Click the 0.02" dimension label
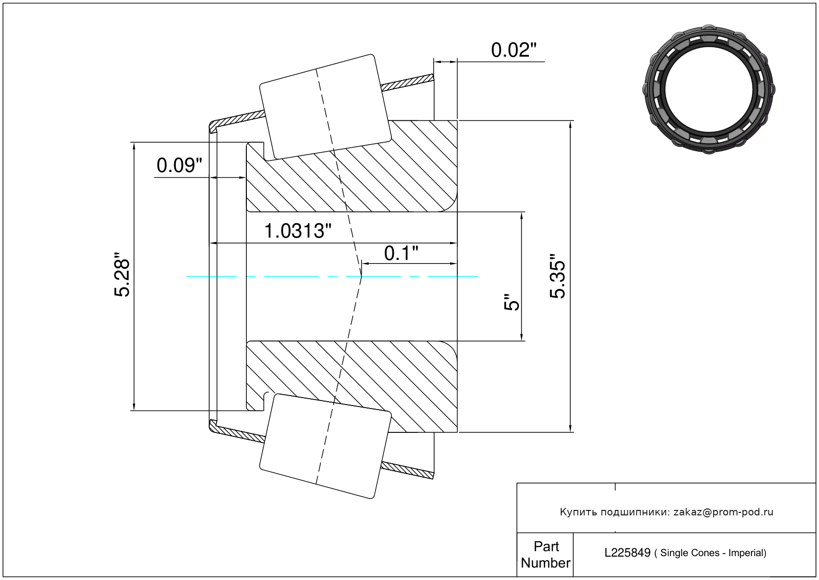(514, 50)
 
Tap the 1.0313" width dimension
(298, 231)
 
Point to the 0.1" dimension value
(401, 253)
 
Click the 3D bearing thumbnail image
(709, 89)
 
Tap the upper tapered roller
(325, 107)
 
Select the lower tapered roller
(325, 446)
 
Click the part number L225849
(627, 553)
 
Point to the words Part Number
(545, 554)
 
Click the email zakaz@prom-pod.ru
(723, 512)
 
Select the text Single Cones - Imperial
(710, 553)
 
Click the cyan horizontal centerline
(332, 276)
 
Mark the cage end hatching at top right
(407, 83)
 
